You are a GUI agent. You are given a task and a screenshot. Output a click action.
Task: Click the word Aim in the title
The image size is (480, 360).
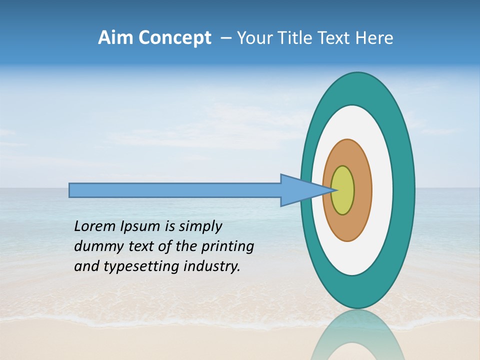coord(114,38)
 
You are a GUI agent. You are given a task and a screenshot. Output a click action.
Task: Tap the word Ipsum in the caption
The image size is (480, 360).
coord(140,227)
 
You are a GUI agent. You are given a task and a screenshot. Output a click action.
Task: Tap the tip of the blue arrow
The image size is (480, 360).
coord(335,190)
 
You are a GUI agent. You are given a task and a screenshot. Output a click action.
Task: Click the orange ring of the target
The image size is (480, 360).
coord(362,190)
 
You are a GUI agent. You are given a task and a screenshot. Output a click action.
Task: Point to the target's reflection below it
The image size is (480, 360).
coord(357,337)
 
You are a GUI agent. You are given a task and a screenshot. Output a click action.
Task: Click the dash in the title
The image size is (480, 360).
coord(225,38)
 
